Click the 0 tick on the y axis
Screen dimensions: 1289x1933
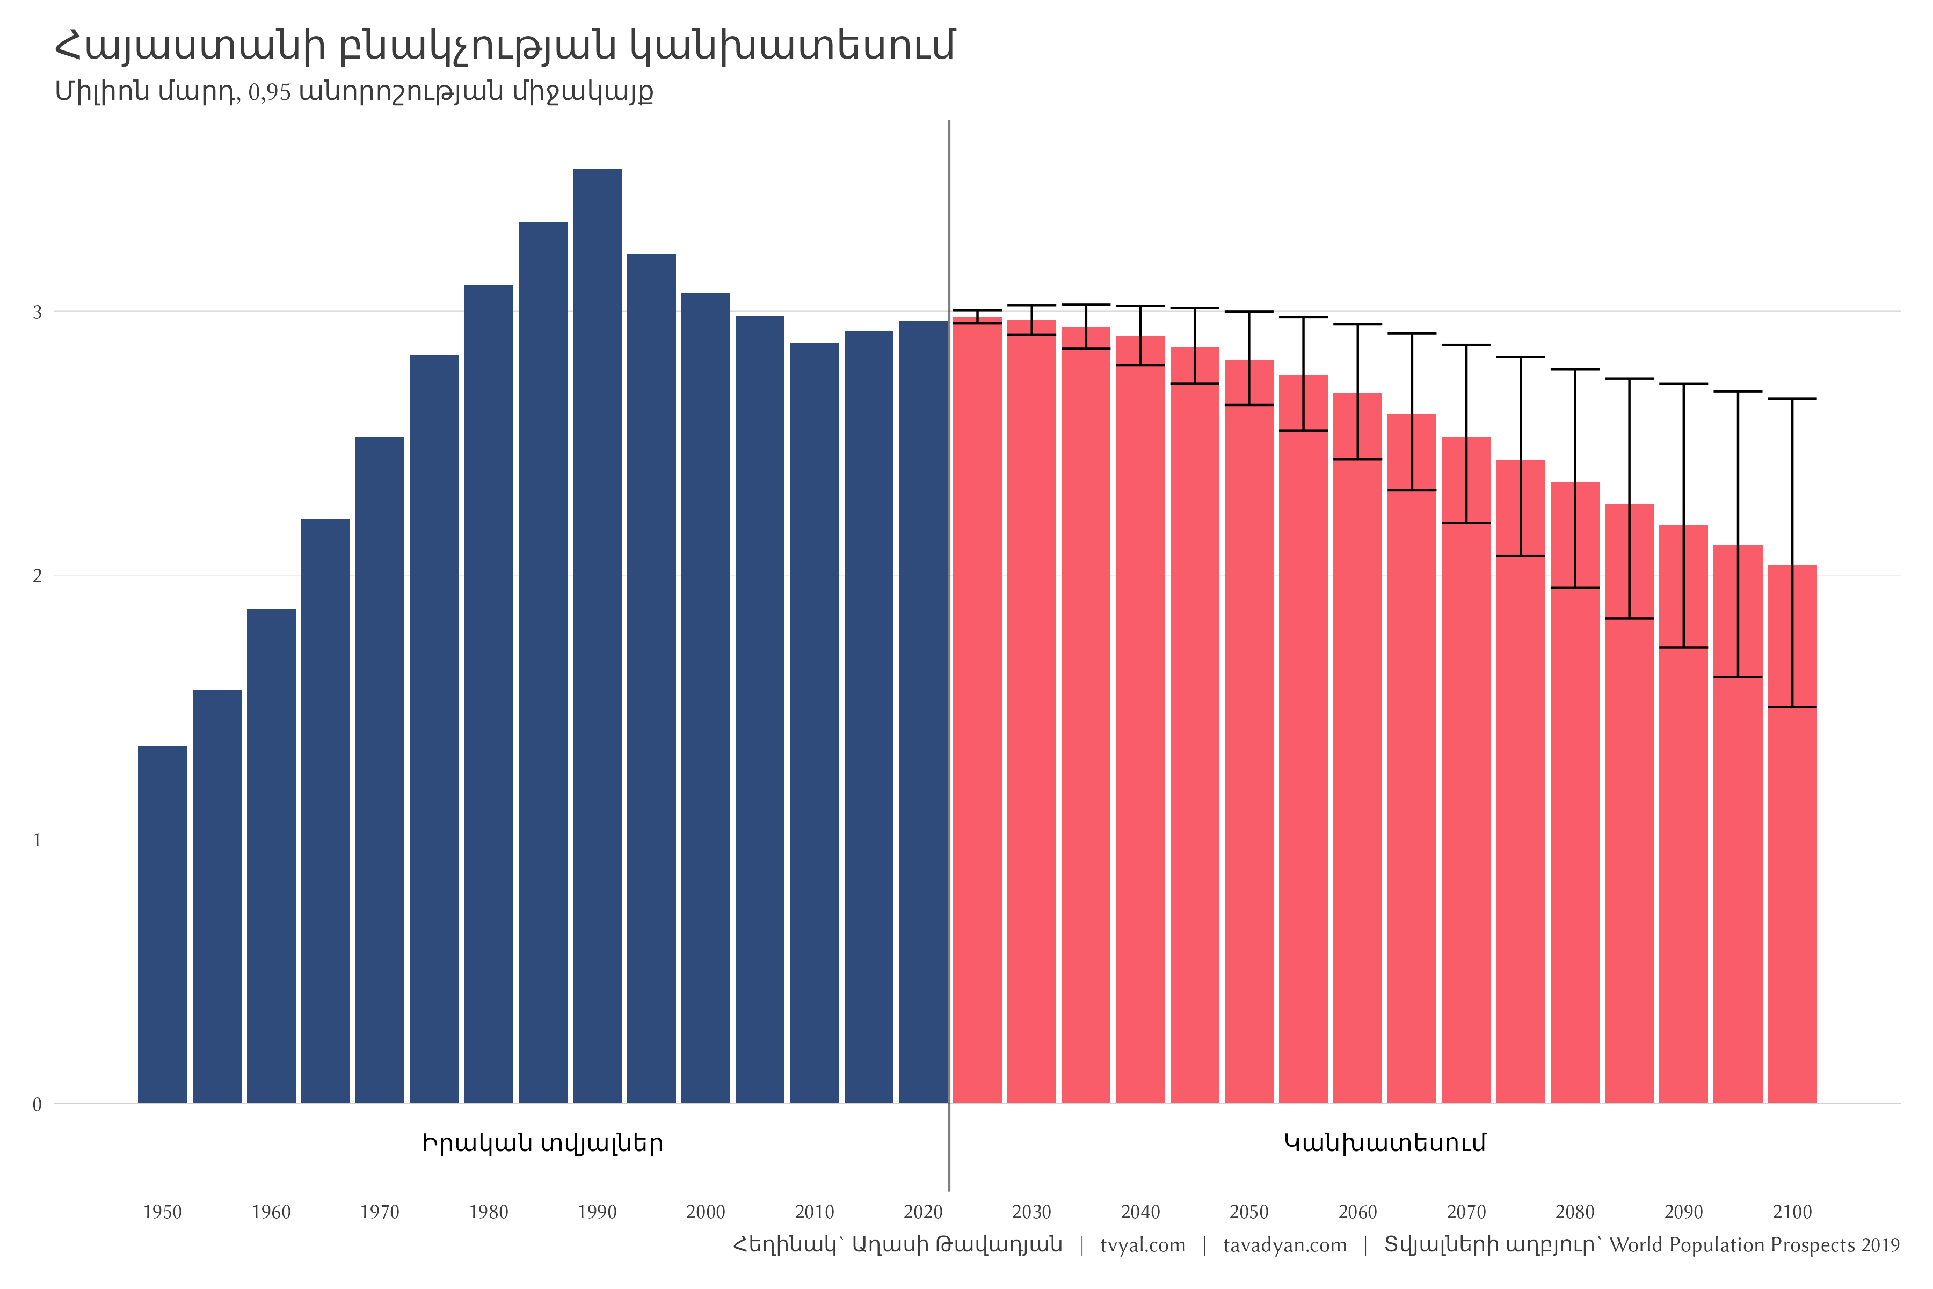coord(37,1104)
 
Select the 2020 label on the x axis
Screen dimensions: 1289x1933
coord(923,1212)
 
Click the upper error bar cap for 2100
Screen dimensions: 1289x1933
coord(1792,399)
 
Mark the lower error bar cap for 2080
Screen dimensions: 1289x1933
coord(1575,588)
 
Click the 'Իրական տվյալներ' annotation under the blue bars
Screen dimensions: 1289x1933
coord(542,1143)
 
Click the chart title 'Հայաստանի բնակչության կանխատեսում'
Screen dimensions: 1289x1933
coord(505,45)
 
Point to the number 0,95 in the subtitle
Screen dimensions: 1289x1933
coord(270,91)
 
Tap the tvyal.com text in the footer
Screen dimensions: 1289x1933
coord(1143,1245)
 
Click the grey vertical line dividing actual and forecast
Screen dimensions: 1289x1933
coord(949,657)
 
